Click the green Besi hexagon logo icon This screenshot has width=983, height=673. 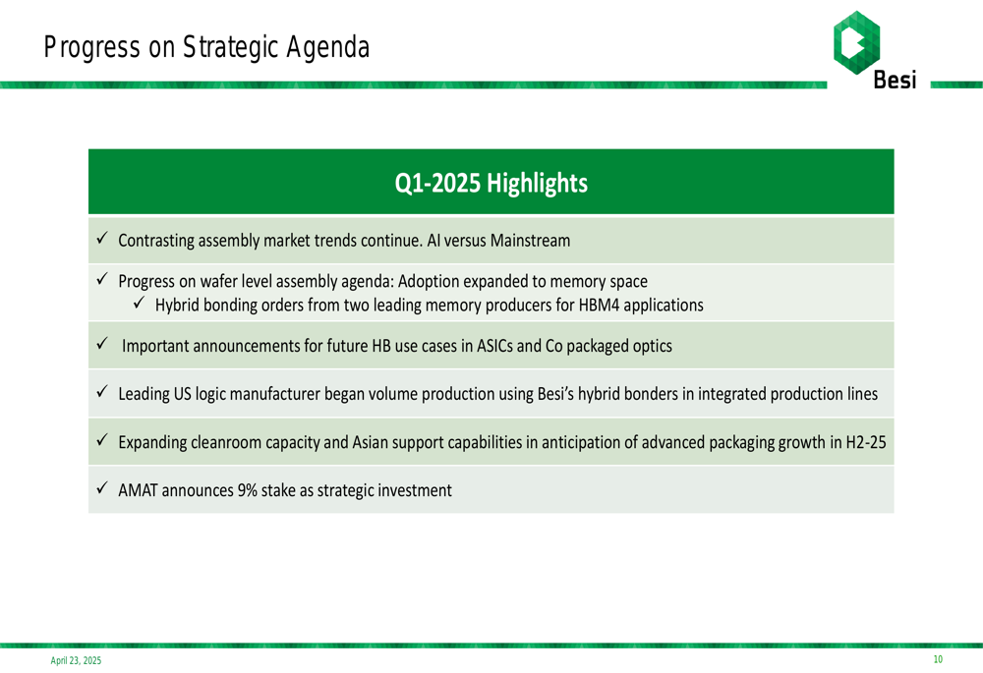pos(856,42)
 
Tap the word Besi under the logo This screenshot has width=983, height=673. pos(895,81)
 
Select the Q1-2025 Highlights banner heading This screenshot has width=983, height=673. pos(491,183)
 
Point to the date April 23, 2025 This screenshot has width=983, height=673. pos(76,660)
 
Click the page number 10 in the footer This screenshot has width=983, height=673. pos(938,659)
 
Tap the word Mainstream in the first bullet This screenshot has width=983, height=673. pos(531,241)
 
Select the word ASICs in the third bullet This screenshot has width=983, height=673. pos(494,346)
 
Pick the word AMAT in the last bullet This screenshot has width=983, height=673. pos(138,490)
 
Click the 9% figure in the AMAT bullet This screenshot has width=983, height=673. pos(247,490)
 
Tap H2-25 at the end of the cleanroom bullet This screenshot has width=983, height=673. pos(866,442)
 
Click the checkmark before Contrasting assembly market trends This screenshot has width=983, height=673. pos(102,238)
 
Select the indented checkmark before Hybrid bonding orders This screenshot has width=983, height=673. pos(140,303)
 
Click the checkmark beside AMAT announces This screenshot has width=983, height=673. pos(102,487)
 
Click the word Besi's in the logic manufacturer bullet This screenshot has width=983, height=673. pos(555,394)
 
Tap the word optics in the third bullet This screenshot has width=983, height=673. pos(651,347)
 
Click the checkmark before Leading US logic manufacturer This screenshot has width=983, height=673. pos(102,392)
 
